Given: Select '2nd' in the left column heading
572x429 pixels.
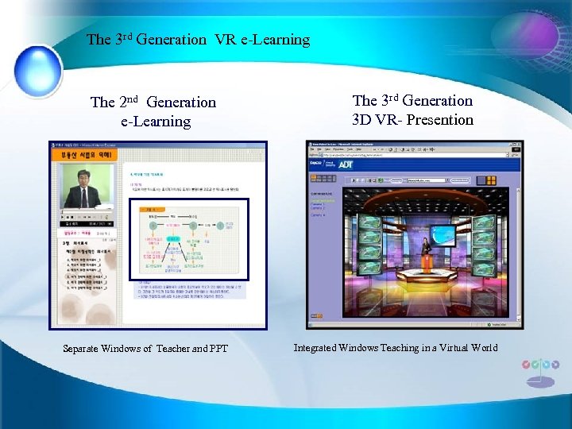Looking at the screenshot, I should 130,102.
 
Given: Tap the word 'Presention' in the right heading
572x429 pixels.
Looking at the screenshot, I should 437,120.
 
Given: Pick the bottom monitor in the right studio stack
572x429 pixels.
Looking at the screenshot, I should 484,269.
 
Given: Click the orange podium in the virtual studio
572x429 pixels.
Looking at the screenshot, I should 427,261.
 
